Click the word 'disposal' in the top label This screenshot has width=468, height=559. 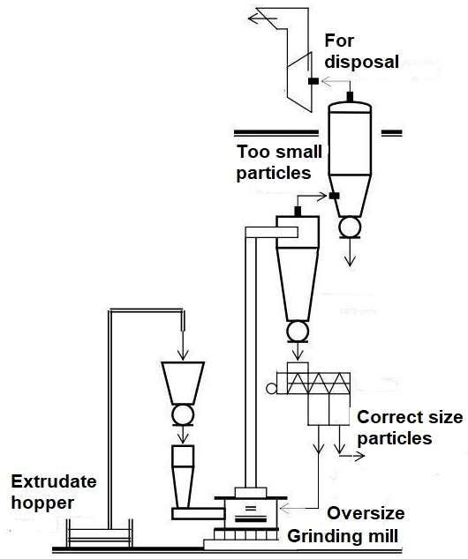tap(361, 63)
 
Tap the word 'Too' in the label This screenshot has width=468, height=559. tap(253, 152)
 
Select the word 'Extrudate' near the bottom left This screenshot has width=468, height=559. tap(54, 482)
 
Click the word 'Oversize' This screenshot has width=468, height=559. tap(366, 513)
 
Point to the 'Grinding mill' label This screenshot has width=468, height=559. tap(343, 536)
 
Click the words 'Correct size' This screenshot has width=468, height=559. tap(410, 417)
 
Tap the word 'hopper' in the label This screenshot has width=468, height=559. tap(43, 503)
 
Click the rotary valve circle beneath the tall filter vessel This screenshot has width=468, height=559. tap(350, 227)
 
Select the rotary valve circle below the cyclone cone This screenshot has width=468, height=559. tap(298, 332)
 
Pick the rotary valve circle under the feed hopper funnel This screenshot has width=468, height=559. tap(183, 414)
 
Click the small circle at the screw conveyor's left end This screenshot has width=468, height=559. tap(271, 389)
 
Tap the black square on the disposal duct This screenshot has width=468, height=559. tap(313, 81)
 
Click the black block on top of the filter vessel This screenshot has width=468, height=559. tap(350, 97)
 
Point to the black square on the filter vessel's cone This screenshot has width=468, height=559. tap(334, 196)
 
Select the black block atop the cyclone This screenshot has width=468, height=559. tap(298, 212)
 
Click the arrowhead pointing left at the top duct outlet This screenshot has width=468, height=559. tap(253, 19)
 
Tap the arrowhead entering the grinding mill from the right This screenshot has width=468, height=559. tap(284, 508)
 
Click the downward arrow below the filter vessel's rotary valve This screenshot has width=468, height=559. tap(350, 252)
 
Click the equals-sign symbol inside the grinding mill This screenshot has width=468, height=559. tap(251, 508)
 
